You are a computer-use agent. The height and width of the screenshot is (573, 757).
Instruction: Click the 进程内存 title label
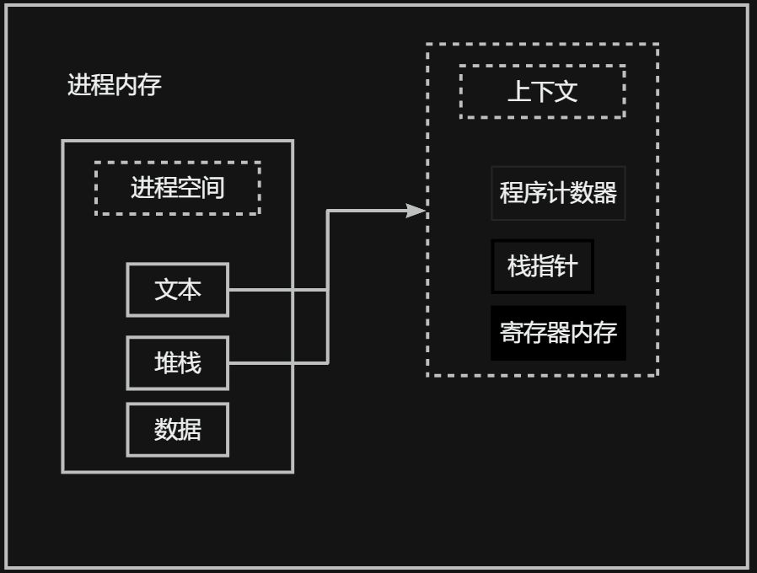point(114,85)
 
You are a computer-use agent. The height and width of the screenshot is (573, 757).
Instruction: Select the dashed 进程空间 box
point(177,188)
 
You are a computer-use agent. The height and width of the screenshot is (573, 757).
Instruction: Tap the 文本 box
point(177,290)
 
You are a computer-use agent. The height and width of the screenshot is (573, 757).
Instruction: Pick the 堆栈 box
point(177,363)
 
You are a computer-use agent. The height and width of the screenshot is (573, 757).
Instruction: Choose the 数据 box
point(177,430)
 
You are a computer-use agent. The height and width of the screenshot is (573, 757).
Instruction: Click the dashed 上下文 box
point(542,91)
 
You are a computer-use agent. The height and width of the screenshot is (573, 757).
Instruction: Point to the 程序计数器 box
point(558,193)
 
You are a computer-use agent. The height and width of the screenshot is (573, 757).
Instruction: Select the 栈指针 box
point(542,266)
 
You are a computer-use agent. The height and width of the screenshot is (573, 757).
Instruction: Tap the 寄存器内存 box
point(558,332)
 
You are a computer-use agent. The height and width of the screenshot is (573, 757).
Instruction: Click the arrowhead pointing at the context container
point(416,211)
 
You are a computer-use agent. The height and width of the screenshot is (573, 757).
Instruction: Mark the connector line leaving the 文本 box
point(278,290)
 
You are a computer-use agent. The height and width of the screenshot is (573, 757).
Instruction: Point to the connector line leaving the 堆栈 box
point(278,363)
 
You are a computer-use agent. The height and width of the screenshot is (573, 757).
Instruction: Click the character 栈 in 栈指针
point(518,266)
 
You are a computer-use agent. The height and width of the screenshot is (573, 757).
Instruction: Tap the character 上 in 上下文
point(518,91)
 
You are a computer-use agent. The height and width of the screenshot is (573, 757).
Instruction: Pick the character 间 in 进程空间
point(213,188)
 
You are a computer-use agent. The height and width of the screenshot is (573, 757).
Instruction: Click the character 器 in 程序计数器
point(605,193)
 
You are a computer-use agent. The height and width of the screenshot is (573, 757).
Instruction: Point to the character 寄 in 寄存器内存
point(511,332)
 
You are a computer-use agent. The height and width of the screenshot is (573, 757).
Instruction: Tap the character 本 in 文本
point(190,290)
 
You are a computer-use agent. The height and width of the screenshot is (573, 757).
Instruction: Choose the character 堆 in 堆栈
point(165,363)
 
